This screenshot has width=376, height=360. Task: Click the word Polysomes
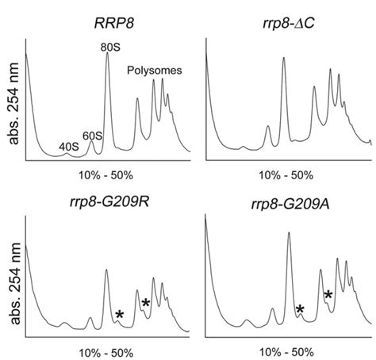click(x=155, y=71)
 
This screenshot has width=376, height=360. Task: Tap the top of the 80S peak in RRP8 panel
click(x=107, y=55)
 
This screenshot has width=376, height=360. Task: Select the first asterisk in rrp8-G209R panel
click(x=119, y=315)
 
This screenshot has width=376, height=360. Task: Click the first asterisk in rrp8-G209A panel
click(x=300, y=308)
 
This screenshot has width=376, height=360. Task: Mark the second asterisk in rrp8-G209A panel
click(x=328, y=294)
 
